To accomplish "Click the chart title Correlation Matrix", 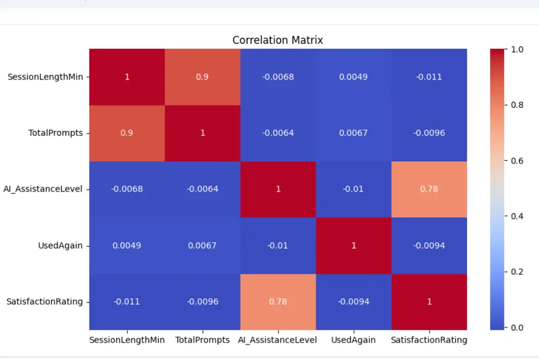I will coord(277,40).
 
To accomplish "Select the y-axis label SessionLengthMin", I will coord(45,77).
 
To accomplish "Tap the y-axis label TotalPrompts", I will coord(55,133).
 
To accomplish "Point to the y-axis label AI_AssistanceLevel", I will coord(43,189).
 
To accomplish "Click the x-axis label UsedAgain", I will coord(353,341).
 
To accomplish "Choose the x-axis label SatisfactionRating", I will coord(429,341).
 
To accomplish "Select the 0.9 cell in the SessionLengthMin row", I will coord(203,77).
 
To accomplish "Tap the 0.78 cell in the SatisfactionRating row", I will coord(277,302).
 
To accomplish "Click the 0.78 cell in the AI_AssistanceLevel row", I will coord(429,189).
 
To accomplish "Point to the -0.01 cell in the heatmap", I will coord(353,189).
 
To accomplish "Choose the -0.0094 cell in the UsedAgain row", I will coord(429,245).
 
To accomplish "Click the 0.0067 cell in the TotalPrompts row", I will coord(353,133).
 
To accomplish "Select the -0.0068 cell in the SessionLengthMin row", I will coord(277,77).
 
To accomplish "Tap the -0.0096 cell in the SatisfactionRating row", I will coord(203,302).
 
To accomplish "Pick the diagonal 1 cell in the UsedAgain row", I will coord(353,245).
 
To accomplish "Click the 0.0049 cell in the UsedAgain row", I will coord(127,245).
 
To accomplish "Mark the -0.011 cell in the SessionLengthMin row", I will coord(429,77).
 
